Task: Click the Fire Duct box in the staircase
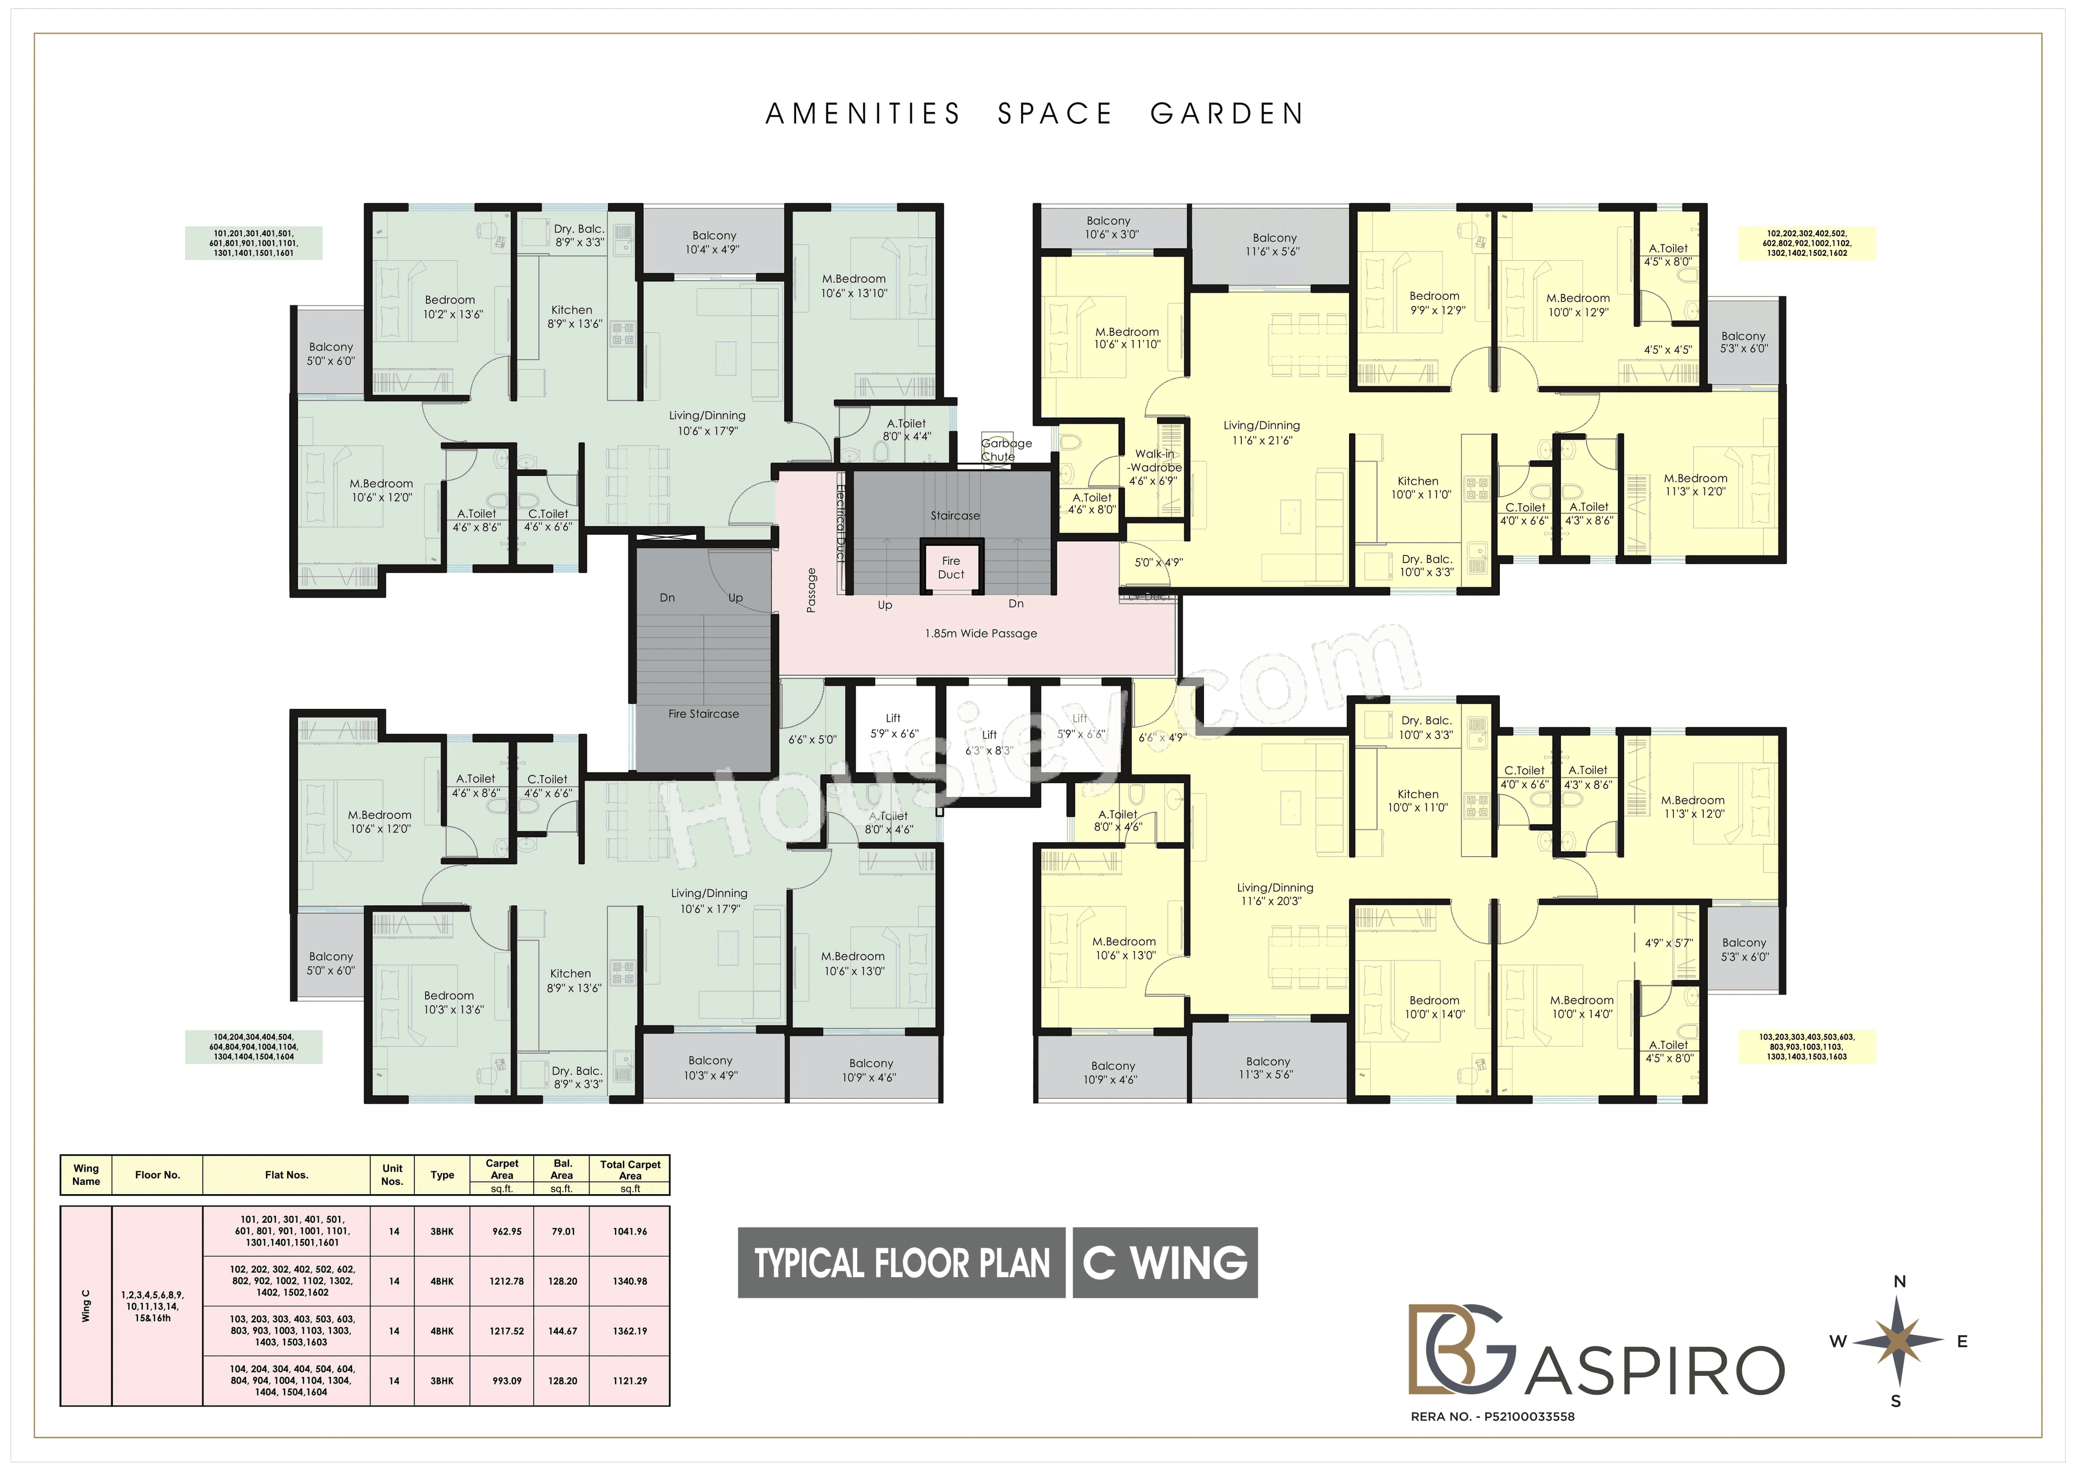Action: tap(950, 568)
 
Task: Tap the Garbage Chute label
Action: tap(1006, 449)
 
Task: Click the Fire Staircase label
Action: tap(703, 714)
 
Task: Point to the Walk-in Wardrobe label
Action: tap(1154, 467)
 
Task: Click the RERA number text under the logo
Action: tap(1492, 1417)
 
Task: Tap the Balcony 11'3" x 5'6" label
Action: tap(1267, 1068)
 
